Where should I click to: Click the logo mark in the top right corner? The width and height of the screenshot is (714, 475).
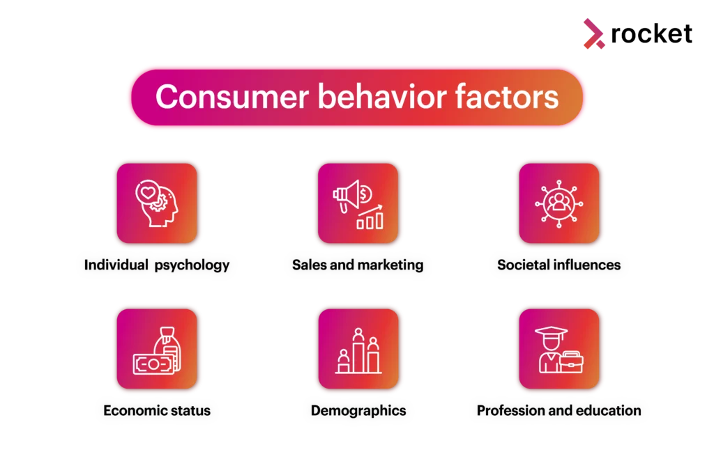click(x=593, y=35)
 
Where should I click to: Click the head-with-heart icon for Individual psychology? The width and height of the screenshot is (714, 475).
click(x=157, y=203)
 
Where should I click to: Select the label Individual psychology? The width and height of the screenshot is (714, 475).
click(x=157, y=265)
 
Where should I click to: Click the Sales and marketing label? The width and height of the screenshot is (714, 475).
click(x=358, y=265)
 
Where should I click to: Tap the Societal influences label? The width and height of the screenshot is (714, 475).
click(x=559, y=265)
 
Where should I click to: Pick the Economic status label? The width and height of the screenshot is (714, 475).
click(x=157, y=411)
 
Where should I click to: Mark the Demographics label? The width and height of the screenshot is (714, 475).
click(x=358, y=411)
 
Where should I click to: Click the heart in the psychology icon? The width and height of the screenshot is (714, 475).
click(x=147, y=191)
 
